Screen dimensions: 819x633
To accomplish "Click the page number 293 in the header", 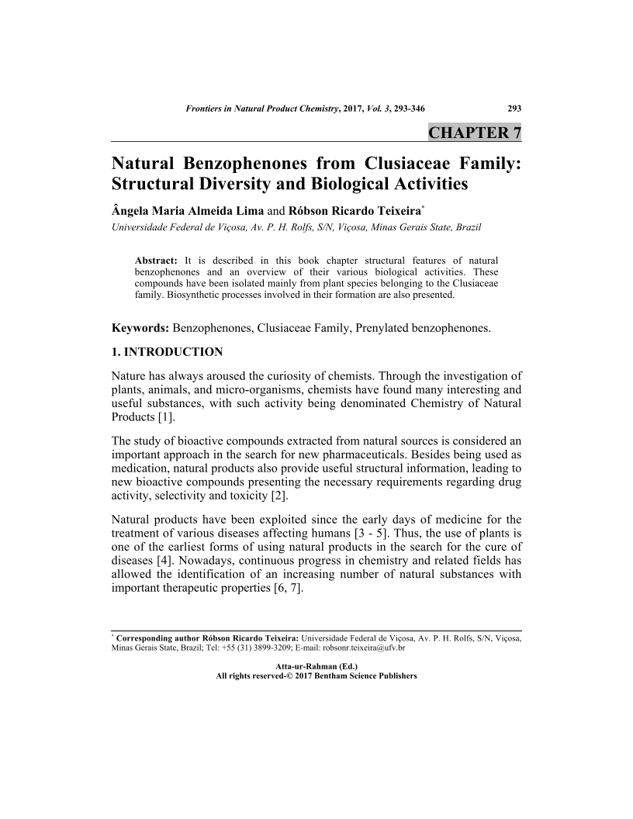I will pos(514,109).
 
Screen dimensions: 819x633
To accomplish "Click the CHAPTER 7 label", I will pos(475,132).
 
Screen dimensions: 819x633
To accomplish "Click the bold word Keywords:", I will pos(140,328).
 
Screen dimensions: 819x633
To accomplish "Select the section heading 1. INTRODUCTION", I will pos(168,352).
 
